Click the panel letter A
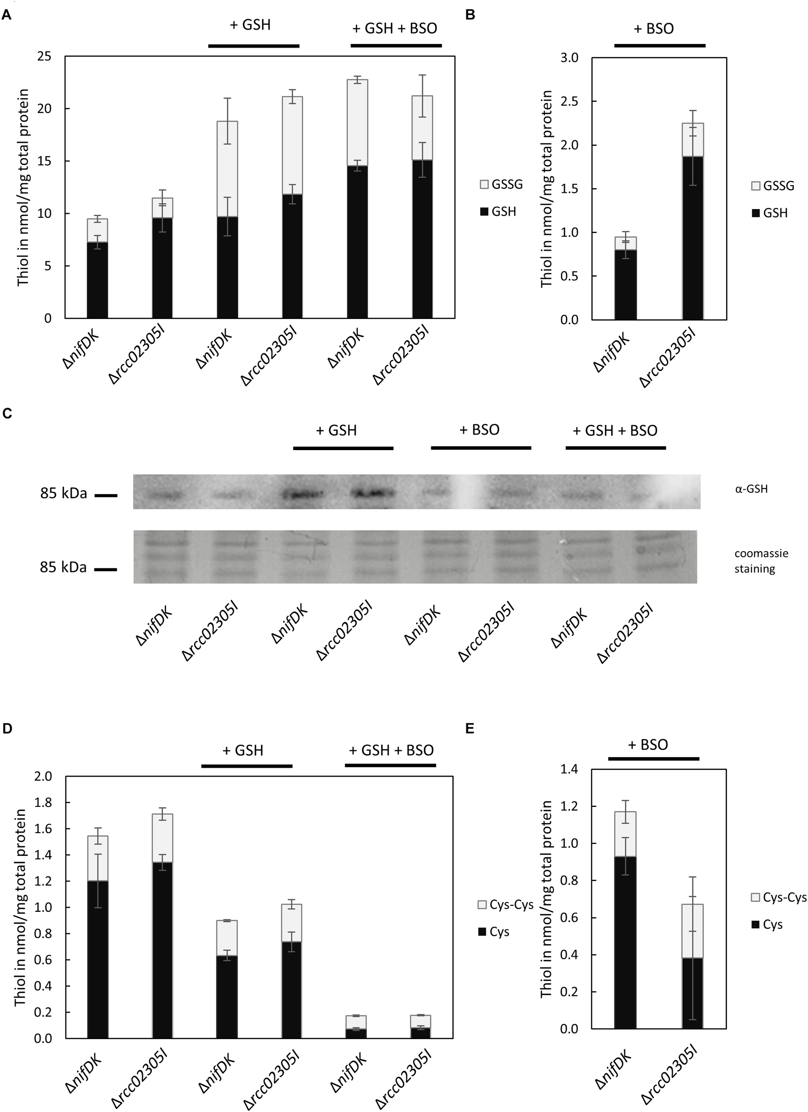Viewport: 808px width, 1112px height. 7,15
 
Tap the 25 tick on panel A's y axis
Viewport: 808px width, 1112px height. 45,56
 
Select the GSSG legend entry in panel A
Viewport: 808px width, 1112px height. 501,184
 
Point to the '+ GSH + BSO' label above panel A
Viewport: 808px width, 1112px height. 394,28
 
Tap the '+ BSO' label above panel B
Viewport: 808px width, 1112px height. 654,28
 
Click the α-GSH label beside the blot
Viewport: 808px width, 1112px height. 751,488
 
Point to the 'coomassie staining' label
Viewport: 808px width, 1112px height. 754,561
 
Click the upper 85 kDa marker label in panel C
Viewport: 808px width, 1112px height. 63,494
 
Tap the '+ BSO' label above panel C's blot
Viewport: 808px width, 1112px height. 479,430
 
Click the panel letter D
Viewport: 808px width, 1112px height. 7,729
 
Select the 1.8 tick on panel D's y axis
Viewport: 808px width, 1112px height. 43,802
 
